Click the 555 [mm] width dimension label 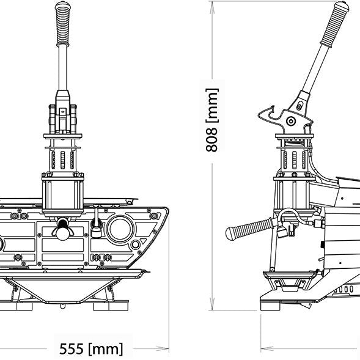click(91, 348)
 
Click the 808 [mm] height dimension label click(211, 120)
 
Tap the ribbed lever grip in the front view click(63, 24)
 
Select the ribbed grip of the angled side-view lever click(335, 24)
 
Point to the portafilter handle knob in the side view click(249, 229)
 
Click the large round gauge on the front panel click(120, 229)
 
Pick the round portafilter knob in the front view click(63, 233)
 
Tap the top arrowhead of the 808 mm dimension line click(212, 7)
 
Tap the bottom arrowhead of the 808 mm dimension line click(212, 304)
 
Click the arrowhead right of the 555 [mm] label click(163, 349)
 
